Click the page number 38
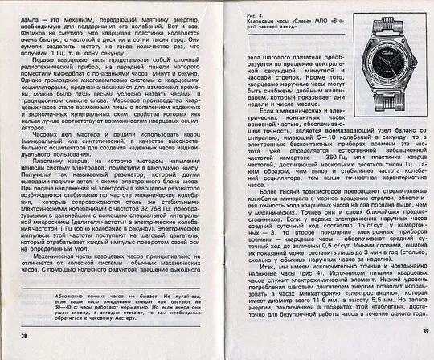(24, 335)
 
